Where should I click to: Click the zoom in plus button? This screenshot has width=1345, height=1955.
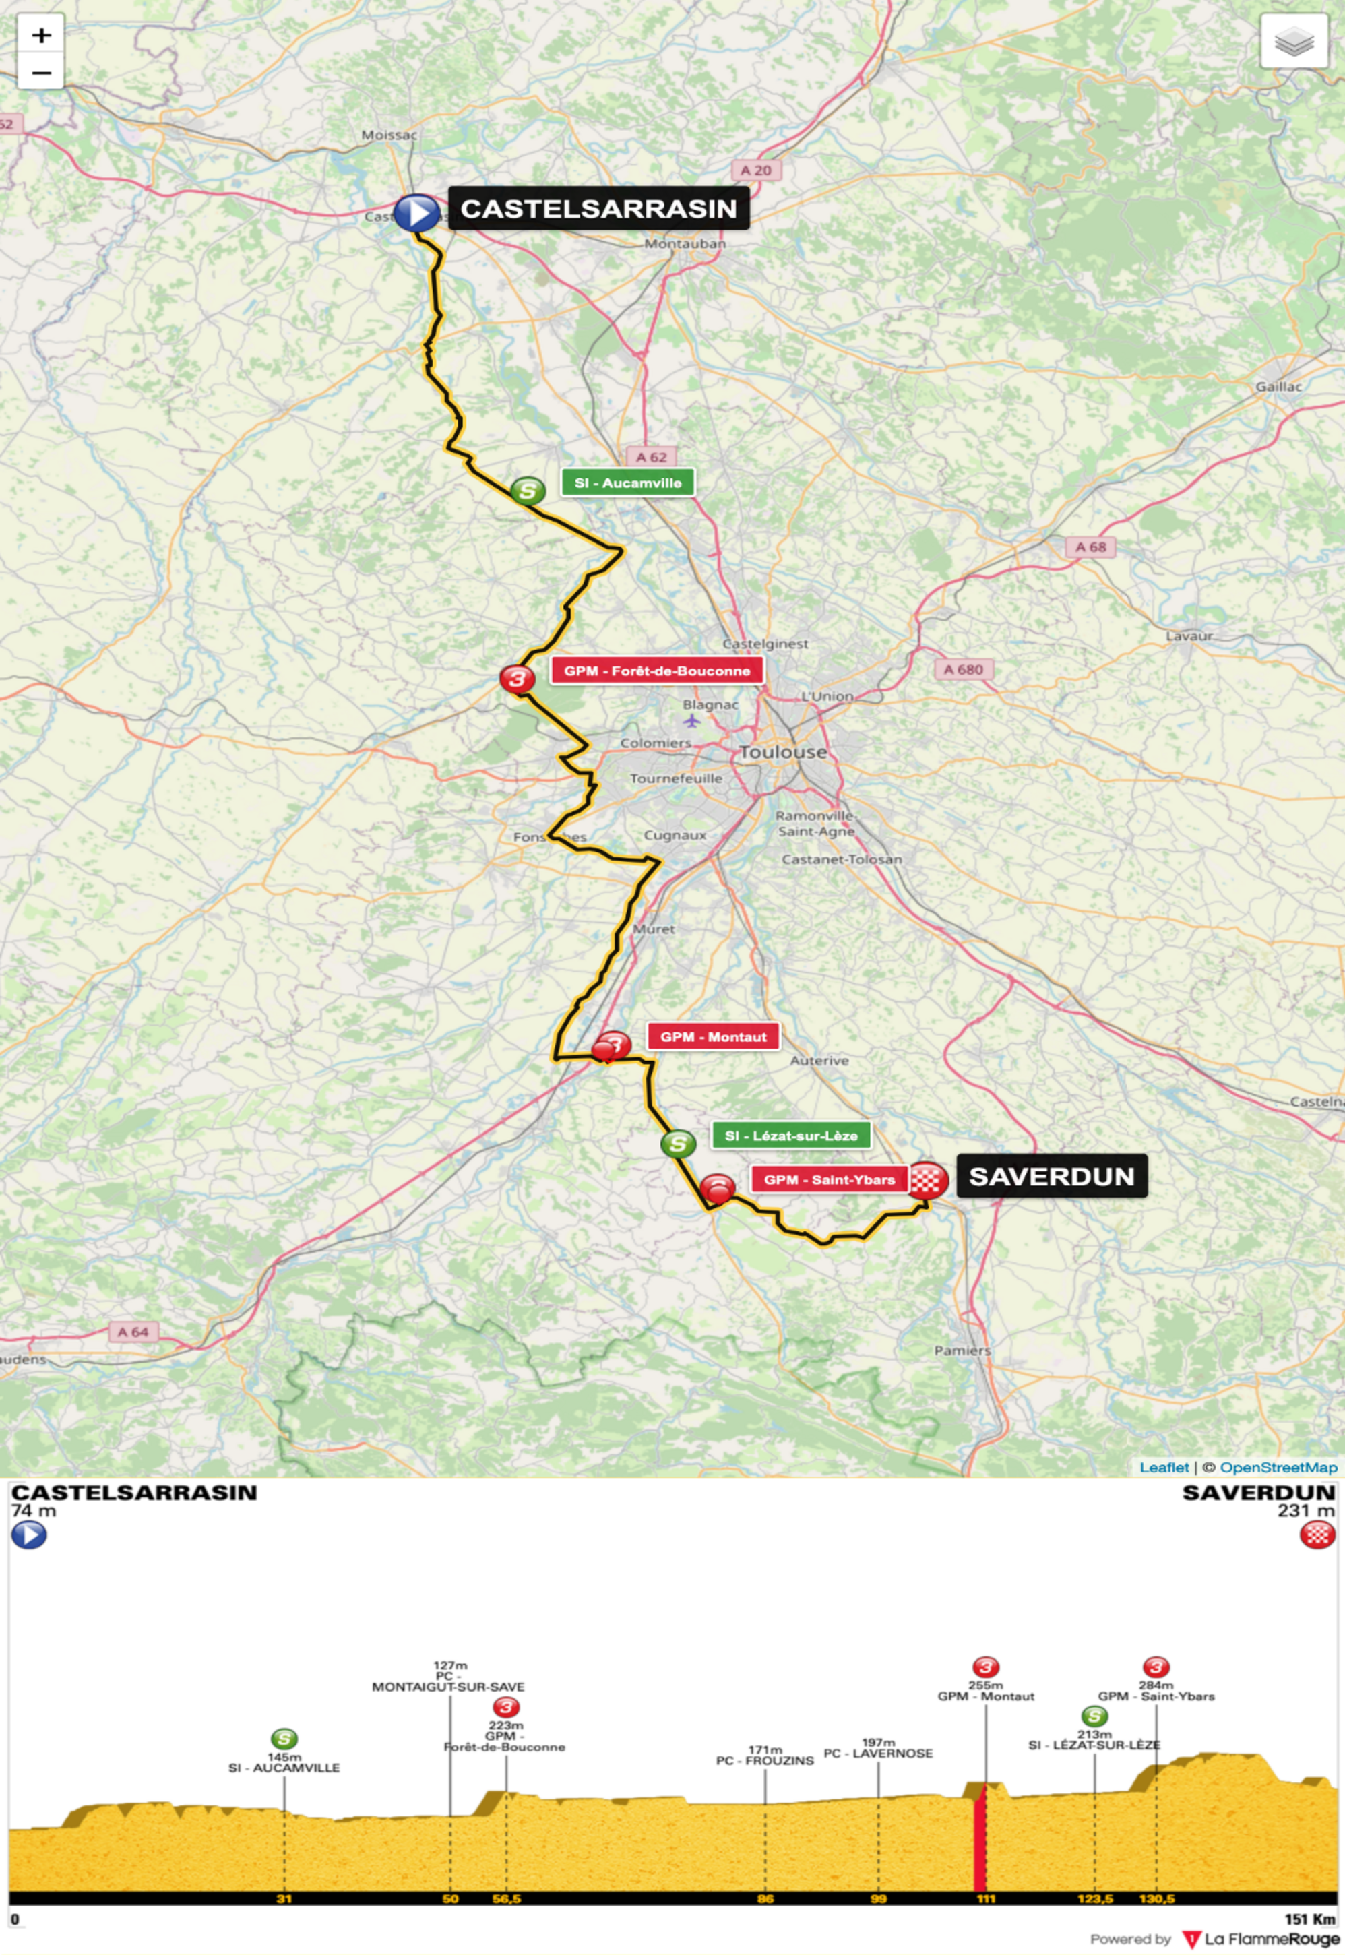[x=40, y=36]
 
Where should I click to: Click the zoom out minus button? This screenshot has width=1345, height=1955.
[x=40, y=73]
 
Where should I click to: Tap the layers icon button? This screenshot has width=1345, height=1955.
[x=1294, y=40]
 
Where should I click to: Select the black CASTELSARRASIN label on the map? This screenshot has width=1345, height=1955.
[x=598, y=208]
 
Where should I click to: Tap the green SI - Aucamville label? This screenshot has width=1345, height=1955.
[x=628, y=483]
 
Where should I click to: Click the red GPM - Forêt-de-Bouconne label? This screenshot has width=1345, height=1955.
[x=656, y=671]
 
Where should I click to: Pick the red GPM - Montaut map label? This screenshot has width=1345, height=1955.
[x=713, y=1036]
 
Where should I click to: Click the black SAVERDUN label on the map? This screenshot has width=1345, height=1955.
[x=1051, y=1177]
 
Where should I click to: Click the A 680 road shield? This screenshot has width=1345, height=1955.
[x=963, y=669]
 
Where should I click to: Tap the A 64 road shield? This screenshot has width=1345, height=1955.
[x=133, y=1332]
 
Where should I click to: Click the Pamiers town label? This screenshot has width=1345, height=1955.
[x=962, y=1350]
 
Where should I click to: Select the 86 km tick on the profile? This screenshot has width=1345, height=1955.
[x=765, y=1898]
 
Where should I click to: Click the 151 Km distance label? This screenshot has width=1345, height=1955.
[x=1309, y=1919]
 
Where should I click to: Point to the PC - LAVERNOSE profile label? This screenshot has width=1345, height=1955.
[x=878, y=1753]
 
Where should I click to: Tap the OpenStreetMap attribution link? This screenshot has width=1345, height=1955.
[x=1278, y=1467]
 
